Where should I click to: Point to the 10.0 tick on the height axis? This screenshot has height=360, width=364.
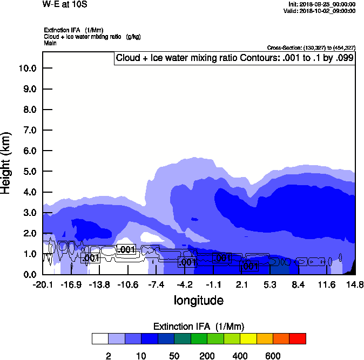(27, 69)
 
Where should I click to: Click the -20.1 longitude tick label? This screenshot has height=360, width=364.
(43, 284)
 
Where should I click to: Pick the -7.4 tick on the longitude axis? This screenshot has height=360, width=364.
(156, 284)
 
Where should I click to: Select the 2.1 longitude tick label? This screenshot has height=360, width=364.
(242, 284)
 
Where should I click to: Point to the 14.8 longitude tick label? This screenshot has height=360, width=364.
(354, 284)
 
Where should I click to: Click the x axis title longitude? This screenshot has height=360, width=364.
(198, 300)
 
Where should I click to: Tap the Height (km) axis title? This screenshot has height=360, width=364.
(7, 162)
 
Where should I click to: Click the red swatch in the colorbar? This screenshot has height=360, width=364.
(298, 339)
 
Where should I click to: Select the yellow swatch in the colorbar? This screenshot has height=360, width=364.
(248, 339)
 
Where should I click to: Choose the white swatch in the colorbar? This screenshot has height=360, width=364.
(100, 339)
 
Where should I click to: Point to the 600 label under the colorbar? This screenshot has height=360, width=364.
(273, 356)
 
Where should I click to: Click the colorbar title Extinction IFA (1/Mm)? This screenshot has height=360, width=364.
(198, 327)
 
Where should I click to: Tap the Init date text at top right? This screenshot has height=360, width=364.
(322, 4)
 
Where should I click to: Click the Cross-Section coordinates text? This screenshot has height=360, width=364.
(311, 48)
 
